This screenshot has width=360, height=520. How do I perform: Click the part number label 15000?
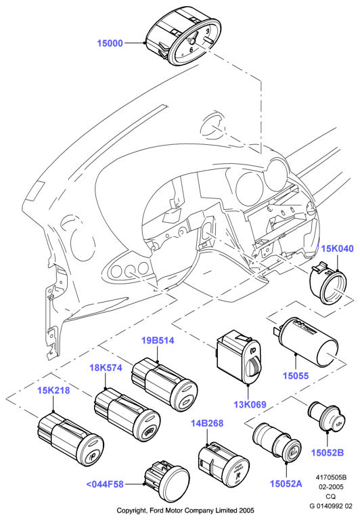click(110, 43)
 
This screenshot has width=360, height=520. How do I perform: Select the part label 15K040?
click(338, 248)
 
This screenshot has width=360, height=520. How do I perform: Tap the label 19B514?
click(158, 341)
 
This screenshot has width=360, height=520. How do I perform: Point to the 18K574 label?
click(106, 368)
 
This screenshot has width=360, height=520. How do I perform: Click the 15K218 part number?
click(53, 390)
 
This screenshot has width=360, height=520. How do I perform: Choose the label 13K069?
click(250, 405)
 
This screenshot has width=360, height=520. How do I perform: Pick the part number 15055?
click(296, 376)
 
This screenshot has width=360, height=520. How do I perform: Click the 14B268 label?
click(207, 423)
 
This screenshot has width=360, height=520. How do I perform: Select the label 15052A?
click(286, 484)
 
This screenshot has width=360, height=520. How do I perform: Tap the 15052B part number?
click(328, 453)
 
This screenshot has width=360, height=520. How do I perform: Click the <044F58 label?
click(105, 484)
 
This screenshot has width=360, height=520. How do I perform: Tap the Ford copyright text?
click(185, 510)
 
